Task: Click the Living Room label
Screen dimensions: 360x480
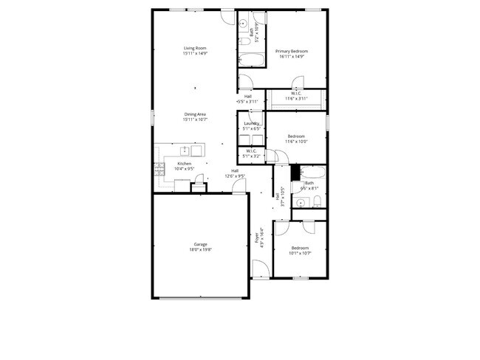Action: tap(195, 49)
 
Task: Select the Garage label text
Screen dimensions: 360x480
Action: tap(200, 245)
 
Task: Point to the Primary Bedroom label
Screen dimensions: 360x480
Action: tap(292, 51)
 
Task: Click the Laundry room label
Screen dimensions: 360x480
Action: tap(252, 124)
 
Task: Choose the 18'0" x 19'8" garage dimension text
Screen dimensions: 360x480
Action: tap(200, 250)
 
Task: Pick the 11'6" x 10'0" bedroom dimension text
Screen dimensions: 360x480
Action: tap(297, 142)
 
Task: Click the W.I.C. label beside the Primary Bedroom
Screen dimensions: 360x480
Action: tap(295, 93)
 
